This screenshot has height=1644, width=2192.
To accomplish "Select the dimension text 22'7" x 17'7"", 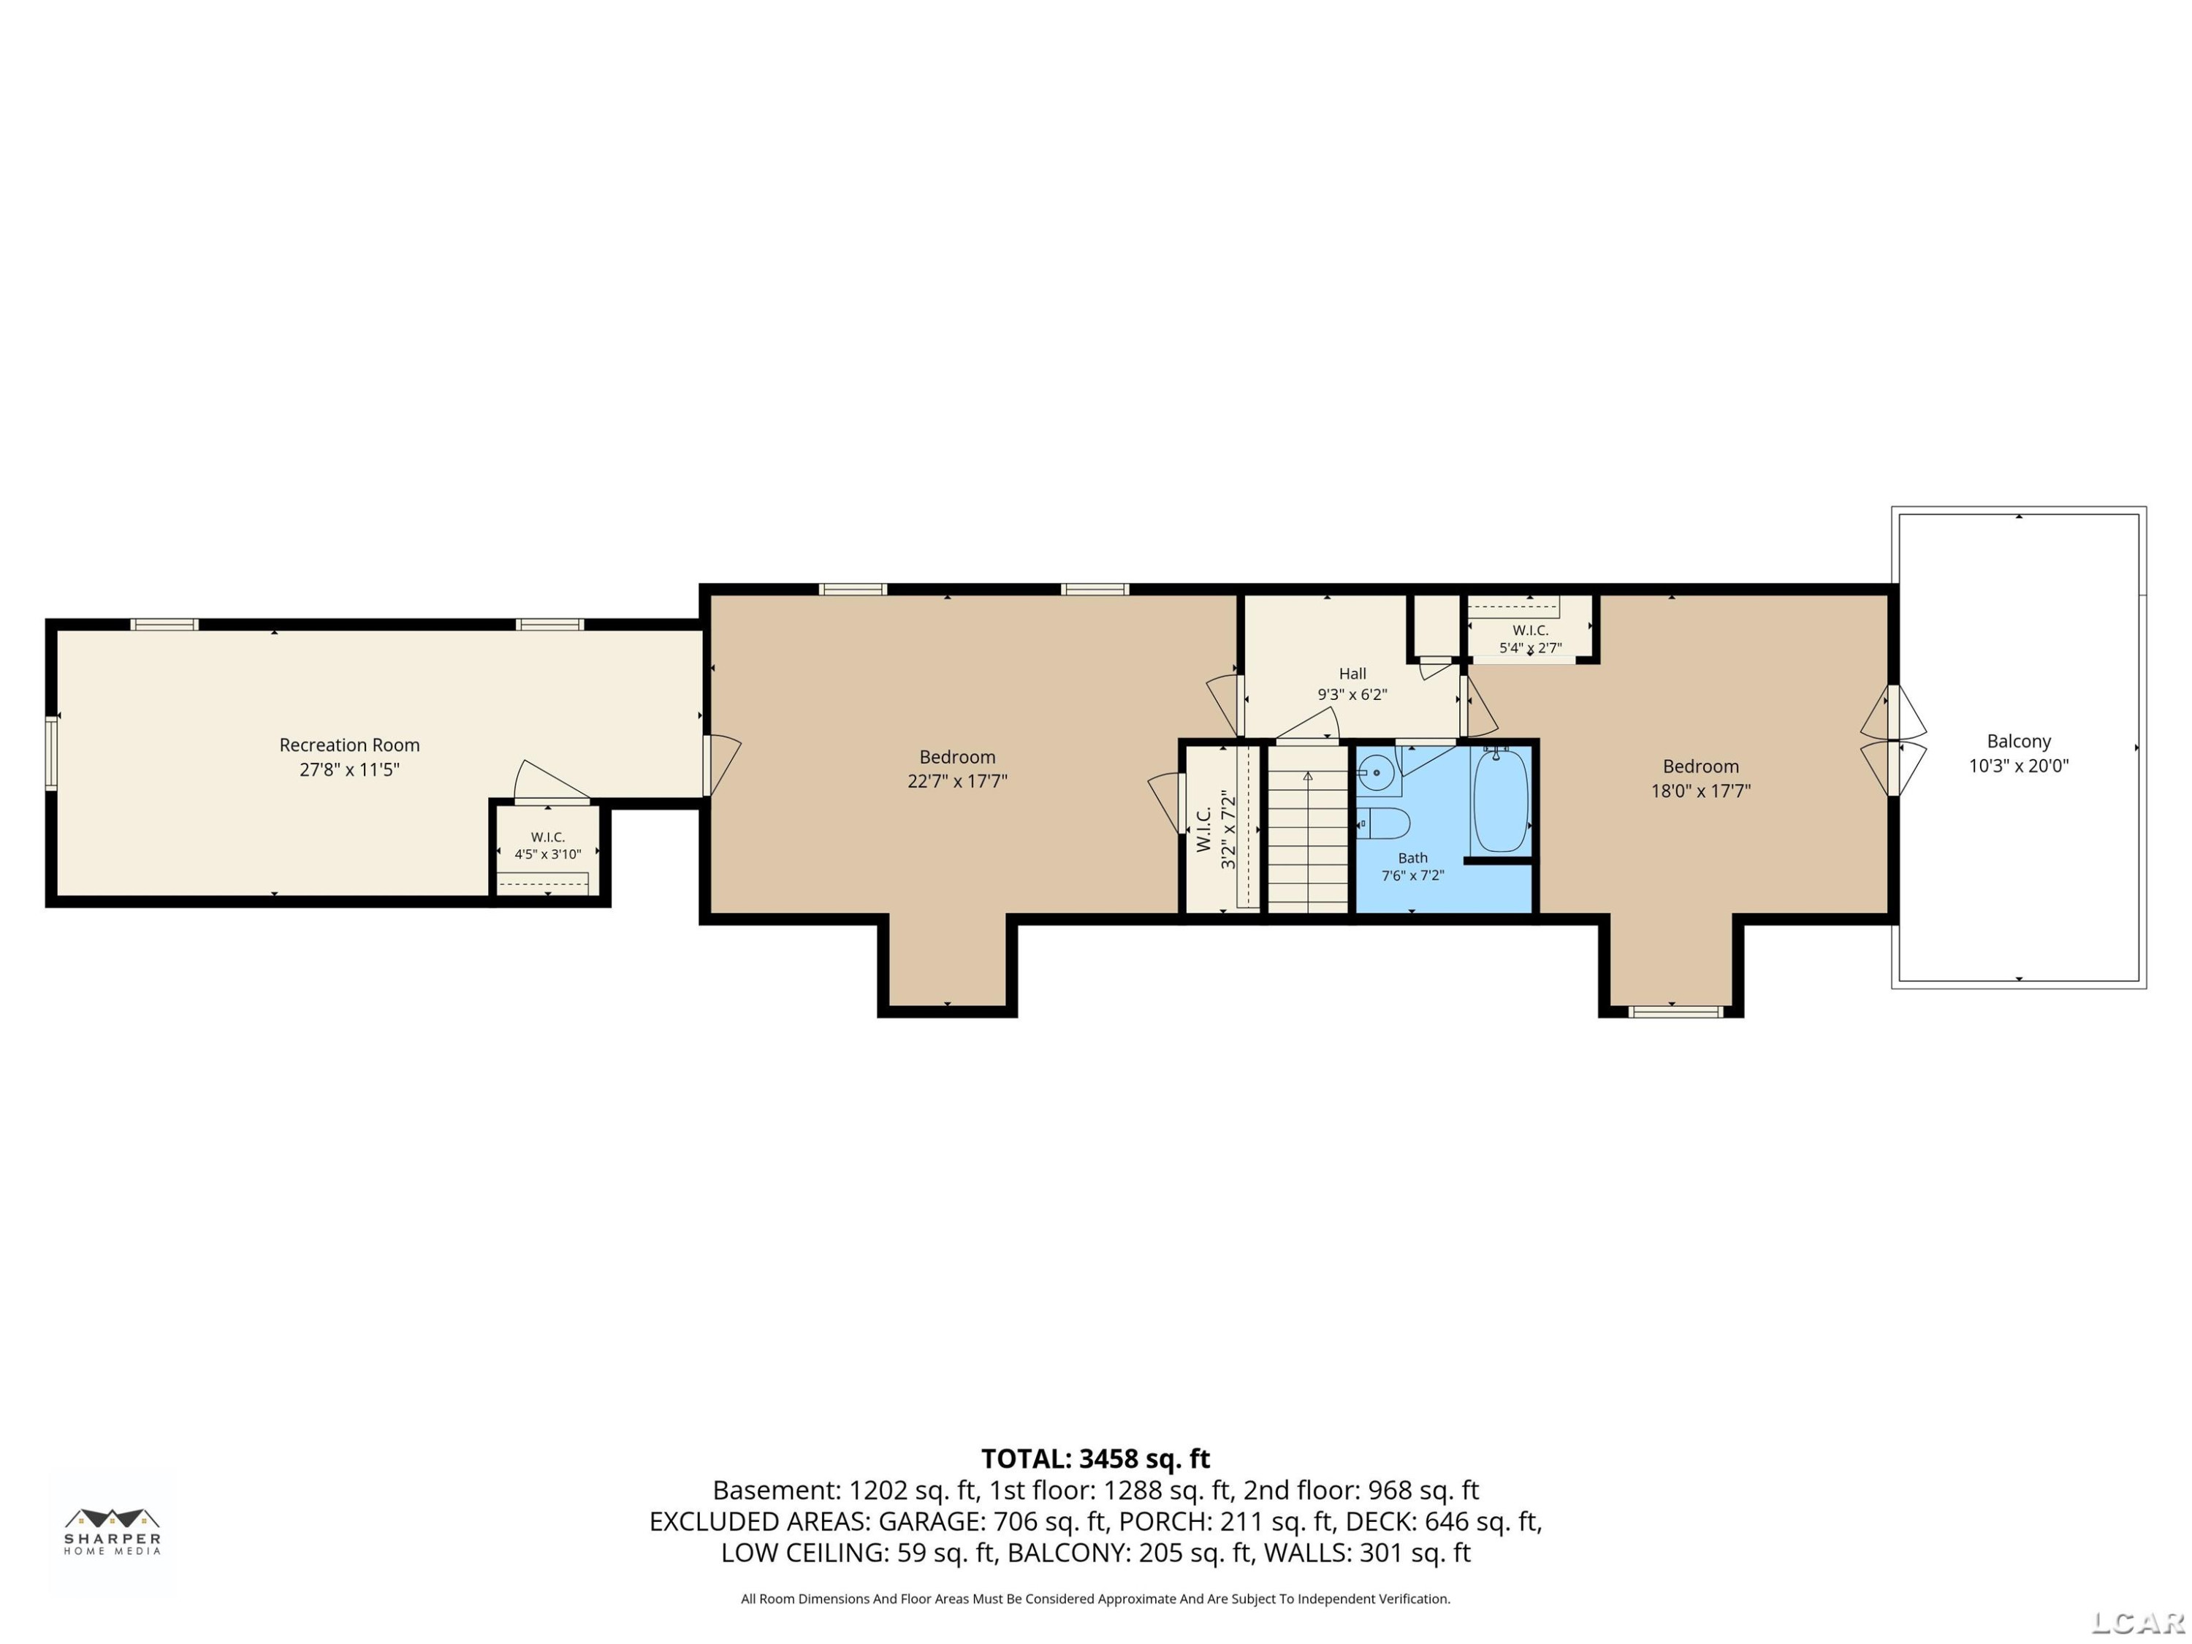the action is [x=957, y=781].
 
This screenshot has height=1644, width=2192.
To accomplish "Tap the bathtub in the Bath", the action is [x=1500, y=801].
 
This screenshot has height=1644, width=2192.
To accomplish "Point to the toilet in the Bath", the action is [x=1382, y=823].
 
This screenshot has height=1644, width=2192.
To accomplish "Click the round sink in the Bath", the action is [x=1375, y=773].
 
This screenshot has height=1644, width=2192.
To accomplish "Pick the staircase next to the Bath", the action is [x=1308, y=829].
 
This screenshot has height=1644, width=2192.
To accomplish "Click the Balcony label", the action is [x=2019, y=741].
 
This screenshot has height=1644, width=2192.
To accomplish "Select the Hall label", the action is [x=1352, y=674].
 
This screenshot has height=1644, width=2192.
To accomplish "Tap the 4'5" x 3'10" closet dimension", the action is [x=547, y=854].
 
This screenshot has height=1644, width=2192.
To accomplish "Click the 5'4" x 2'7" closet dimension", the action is [x=1530, y=648].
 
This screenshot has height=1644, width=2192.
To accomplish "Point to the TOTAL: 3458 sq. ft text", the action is [x=1096, y=1458].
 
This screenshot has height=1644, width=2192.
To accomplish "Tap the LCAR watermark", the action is [x=2139, y=1622].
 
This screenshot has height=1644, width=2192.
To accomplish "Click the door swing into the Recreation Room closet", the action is [x=550, y=780].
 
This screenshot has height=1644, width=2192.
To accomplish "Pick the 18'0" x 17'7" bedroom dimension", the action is [x=1700, y=791].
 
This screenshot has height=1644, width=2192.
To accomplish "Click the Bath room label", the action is [x=1413, y=859].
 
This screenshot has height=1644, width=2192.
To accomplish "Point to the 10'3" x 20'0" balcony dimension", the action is [x=2019, y=765].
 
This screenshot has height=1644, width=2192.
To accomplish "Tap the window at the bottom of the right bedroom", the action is [x=1675, y=1012].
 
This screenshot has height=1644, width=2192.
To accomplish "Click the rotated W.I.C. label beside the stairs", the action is [x=1204, y=829].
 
